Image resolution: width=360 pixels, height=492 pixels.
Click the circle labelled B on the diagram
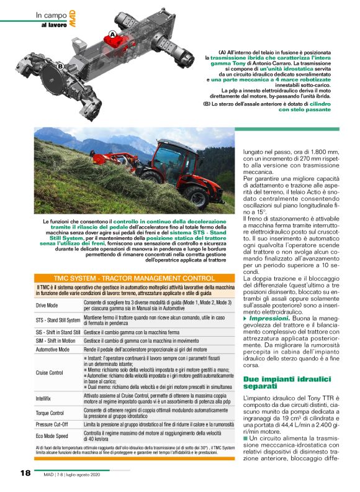point(60,66)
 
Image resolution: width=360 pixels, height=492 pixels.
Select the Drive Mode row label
point(48,306)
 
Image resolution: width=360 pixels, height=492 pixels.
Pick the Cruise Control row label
point(50,373)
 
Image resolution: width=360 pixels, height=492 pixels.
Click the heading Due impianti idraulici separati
point(283,383)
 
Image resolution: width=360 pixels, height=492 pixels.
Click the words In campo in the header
point(48,16)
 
